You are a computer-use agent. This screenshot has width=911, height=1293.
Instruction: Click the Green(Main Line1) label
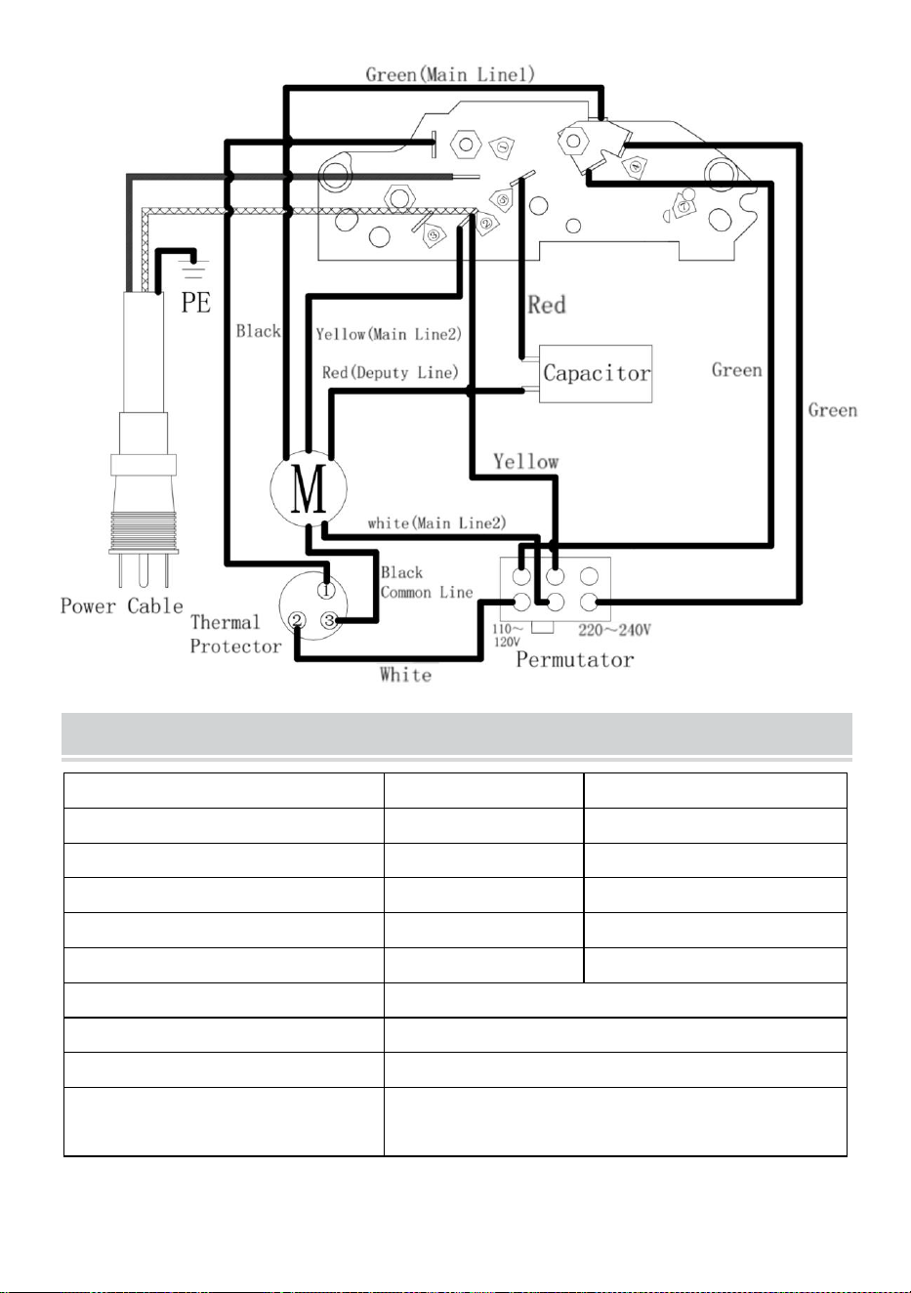pos(450,74)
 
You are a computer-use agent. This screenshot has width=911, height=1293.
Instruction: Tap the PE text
pos(196,302)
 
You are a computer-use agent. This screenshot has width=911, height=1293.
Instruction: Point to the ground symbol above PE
pos(194,270)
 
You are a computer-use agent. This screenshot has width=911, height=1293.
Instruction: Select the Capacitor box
pos(596,373)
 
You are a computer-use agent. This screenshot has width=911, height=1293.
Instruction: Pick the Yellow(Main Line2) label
pos(389,334)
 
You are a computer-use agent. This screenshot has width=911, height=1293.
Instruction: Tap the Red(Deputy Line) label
pos(391,372)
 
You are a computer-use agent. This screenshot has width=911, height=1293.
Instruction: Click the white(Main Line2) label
pos(437,523)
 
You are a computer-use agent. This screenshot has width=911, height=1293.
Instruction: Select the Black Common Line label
pos(427,582)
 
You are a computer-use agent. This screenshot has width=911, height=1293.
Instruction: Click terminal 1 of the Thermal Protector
pos(326,591)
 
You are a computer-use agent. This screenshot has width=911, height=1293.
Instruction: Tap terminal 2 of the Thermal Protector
pos(297,620)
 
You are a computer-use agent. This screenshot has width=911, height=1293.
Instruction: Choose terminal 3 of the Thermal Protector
pos(329,620)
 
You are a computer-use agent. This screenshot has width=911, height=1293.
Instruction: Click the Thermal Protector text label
pos(236,634)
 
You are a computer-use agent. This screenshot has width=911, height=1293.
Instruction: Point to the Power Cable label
pos(122,606)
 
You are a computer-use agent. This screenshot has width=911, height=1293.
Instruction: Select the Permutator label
pos(574,659)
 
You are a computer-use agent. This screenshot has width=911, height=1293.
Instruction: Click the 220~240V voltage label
pos(614,630)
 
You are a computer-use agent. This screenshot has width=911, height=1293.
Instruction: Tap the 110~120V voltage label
pos(508,635)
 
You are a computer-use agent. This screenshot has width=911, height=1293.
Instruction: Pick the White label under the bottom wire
pos(405,675)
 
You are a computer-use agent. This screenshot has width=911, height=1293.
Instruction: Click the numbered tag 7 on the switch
pos(683,206)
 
